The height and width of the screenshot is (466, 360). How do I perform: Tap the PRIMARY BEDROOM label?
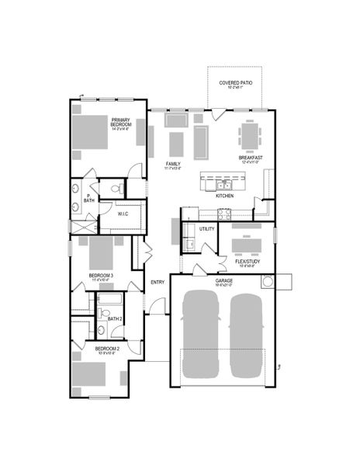(120, 123)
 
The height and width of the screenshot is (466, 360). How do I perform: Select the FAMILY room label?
(174, 164)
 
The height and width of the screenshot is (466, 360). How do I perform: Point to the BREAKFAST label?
(250, 158)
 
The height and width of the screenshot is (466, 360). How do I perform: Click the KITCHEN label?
(224, 196)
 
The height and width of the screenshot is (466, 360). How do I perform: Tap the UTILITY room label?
(207, 229)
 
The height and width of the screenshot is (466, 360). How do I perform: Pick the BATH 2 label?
(115, 318)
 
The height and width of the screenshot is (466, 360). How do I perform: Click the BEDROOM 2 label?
(107, 349)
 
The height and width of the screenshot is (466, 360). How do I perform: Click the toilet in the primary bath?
(115, 187)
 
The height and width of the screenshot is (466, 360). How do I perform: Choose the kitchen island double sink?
(222, 185)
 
